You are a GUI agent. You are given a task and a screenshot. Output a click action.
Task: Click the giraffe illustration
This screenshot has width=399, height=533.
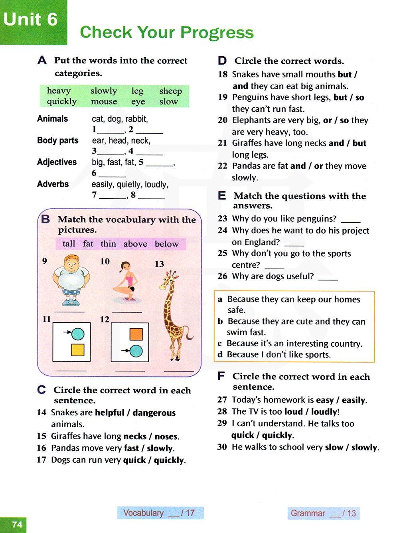point(173,315)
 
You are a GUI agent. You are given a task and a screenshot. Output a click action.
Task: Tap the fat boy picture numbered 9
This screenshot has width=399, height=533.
point(71,281)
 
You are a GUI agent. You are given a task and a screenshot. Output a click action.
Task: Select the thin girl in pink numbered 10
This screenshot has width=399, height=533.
point(127,281)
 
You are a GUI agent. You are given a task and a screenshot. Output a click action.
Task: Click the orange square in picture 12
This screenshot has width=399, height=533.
point(136,334)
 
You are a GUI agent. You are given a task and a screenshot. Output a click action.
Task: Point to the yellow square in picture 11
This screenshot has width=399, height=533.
point(78,350)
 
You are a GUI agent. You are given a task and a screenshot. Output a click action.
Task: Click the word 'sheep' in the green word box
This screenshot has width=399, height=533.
point(170,91)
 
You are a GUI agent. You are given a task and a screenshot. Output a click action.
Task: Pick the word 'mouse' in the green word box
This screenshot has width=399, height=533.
point(104,102)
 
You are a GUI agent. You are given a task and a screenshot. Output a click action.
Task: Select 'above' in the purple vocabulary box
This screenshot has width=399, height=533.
point(135,244)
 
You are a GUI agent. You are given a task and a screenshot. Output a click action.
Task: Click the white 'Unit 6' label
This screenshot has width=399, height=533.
point(30,19)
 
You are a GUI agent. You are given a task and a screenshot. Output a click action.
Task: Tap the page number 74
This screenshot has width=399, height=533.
point(17,524)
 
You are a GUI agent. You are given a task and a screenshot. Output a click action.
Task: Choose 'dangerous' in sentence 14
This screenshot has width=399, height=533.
point(154,413)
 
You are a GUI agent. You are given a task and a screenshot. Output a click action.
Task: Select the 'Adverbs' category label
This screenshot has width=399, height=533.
point(53,184)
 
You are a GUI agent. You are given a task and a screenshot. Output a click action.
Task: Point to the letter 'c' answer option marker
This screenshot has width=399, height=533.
point(220,343)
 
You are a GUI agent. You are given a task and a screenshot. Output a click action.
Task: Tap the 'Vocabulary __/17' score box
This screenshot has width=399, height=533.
point(160,513)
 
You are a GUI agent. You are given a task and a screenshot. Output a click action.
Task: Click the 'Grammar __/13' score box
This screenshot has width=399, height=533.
point(323,513)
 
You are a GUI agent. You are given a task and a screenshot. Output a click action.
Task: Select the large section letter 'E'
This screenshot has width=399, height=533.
point(222,195)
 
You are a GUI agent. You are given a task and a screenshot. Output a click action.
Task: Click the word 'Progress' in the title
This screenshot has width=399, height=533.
point(217,32)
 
